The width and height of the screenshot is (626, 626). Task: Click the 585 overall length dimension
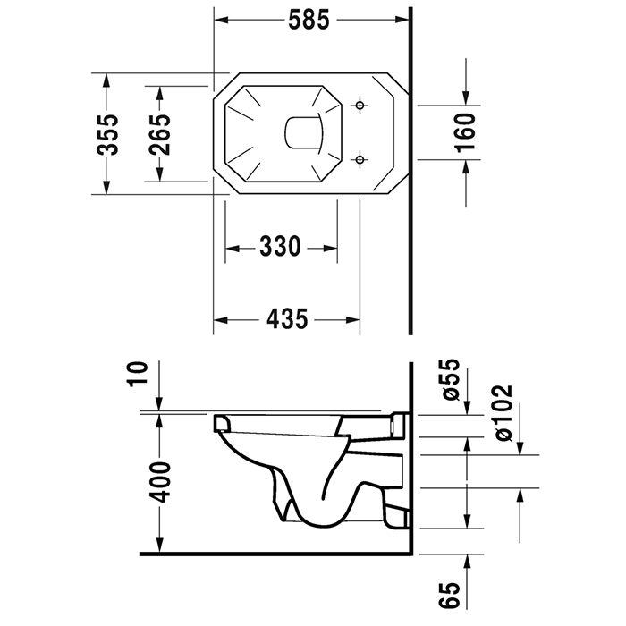point(310,18)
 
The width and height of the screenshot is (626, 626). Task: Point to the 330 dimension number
point(280,247)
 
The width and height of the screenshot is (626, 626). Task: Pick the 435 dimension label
point(286,318)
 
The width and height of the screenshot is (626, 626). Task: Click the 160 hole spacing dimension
point(466,133)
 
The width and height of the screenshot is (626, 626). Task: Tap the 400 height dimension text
point(160,484)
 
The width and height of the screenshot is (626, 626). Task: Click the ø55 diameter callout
point(450,379)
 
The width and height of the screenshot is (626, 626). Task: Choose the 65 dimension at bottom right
point(450,596)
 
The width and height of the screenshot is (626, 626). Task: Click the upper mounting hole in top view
point(360,107)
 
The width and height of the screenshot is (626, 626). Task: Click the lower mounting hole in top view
point(360,160)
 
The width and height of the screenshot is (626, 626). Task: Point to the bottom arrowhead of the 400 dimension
point(160,548)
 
